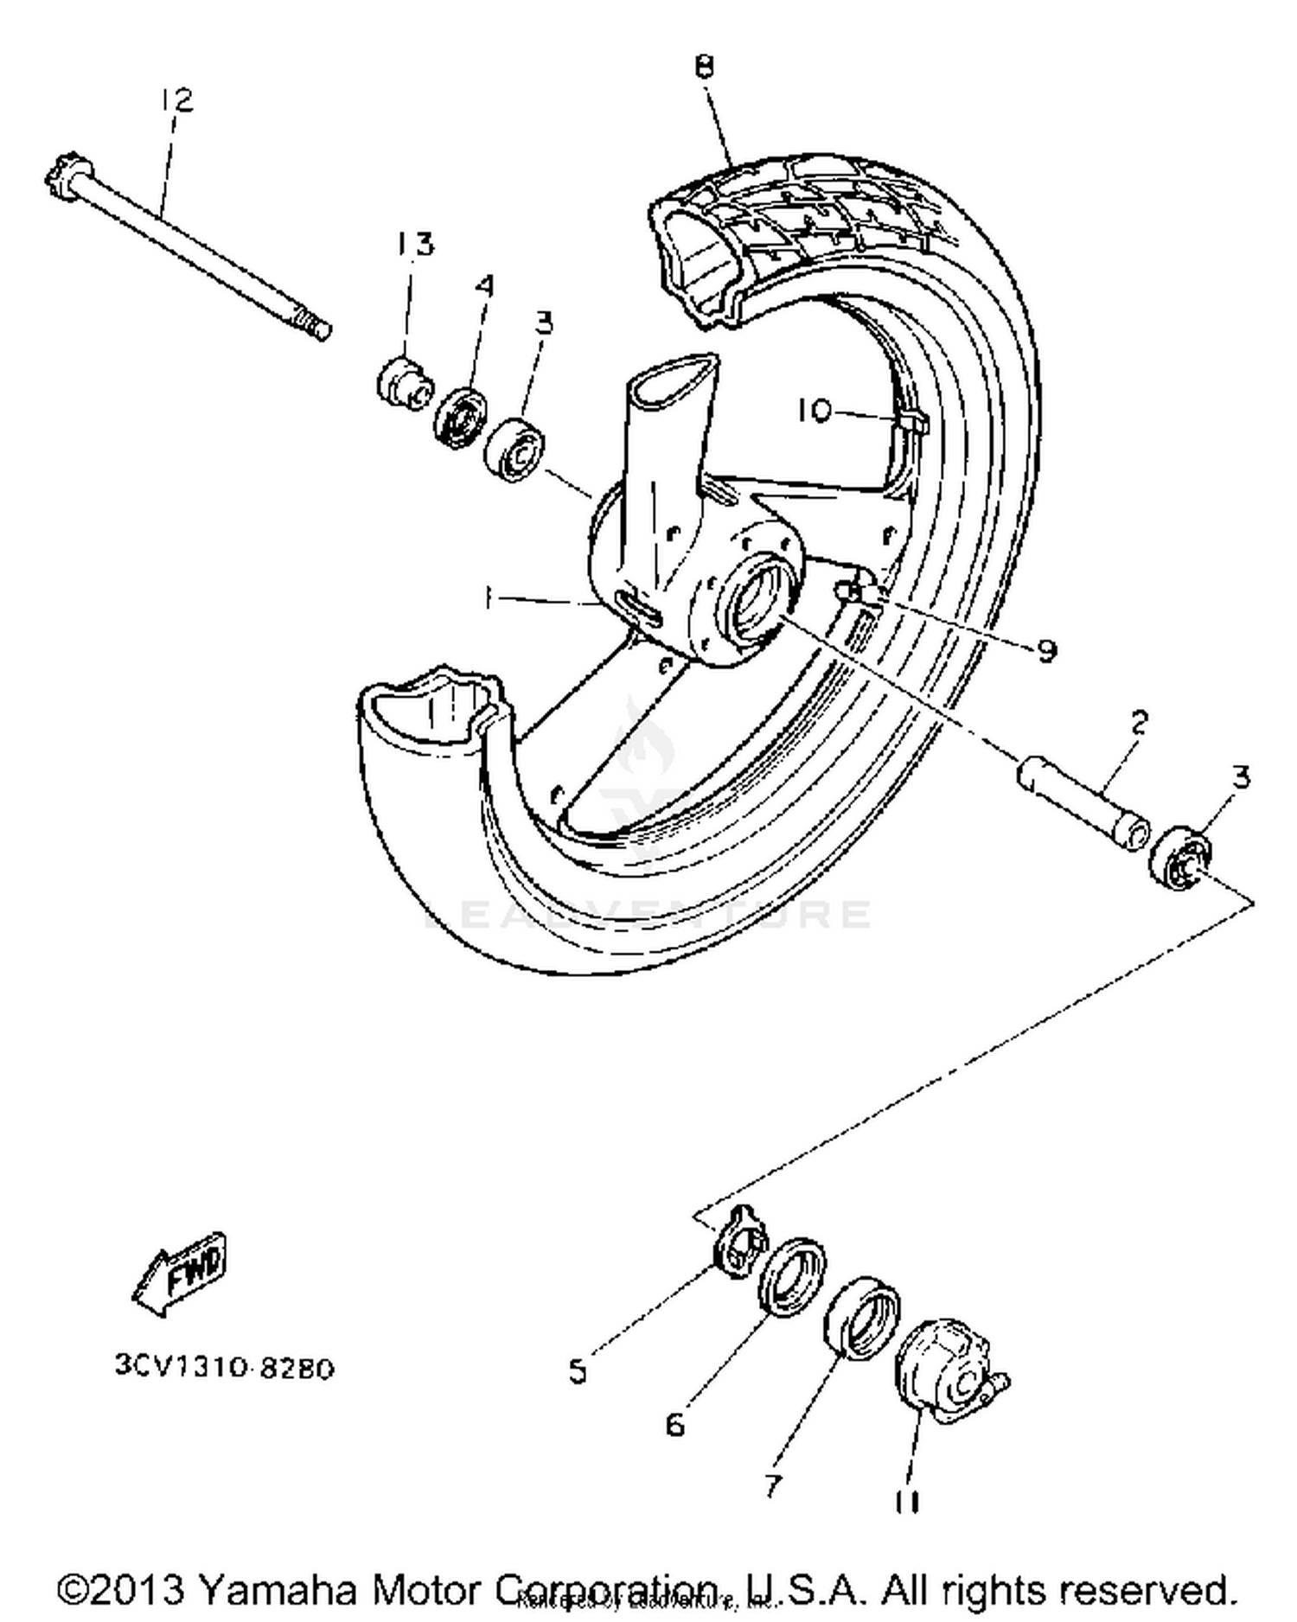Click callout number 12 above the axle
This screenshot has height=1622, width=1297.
pos(176,100)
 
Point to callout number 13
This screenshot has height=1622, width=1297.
pos(414,244)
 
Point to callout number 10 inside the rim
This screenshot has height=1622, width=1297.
pos(814,410)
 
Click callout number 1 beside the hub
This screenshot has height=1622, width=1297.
pos(489,597)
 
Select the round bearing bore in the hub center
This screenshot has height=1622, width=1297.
pos(754,597)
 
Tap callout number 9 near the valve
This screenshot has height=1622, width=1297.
pos(1046,649)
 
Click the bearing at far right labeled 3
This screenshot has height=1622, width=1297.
pos(1179,854)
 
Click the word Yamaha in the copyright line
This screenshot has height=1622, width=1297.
pos(277,1589)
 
